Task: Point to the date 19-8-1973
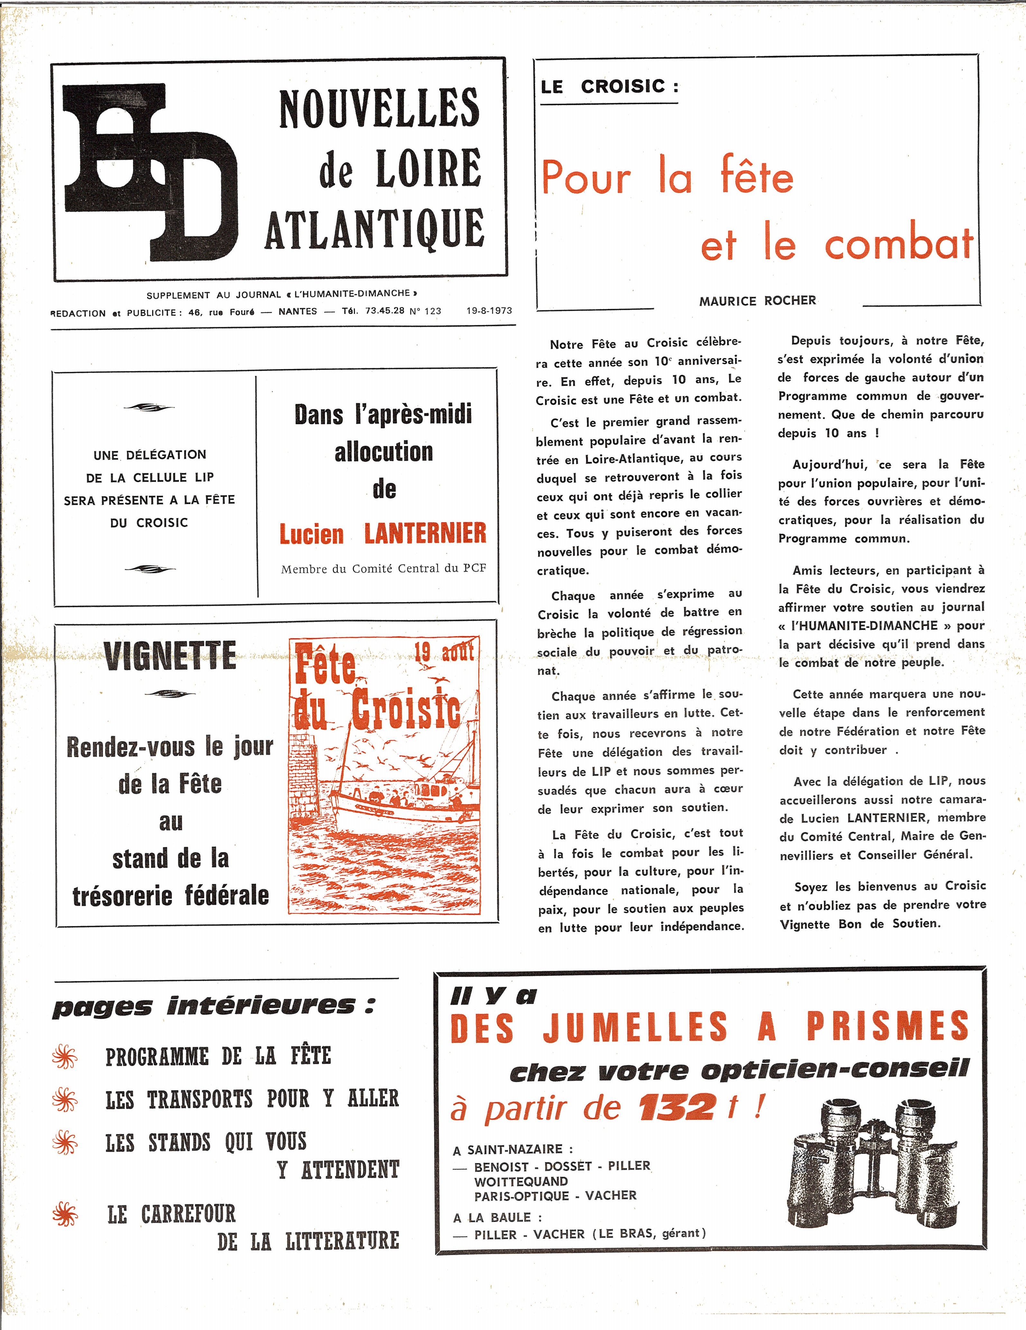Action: coord(489,311)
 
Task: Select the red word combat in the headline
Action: coord(899,244)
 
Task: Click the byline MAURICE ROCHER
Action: coord(758,301)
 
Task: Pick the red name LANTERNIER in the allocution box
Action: coord(425,534)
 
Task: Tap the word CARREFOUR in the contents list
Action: coord(188,1214)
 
